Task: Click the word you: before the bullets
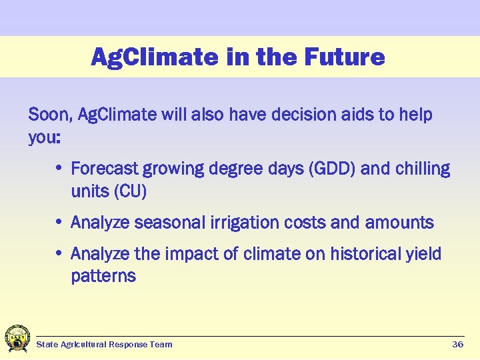point(45,138)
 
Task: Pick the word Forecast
point(104,169)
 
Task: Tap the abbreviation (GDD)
point(332,169)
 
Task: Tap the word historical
point(371,254)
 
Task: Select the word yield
point(425,254)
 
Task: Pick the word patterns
point(103,277)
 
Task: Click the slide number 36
point(457,345)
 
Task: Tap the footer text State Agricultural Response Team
point(104,345)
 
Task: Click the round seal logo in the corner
point(16,339)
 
